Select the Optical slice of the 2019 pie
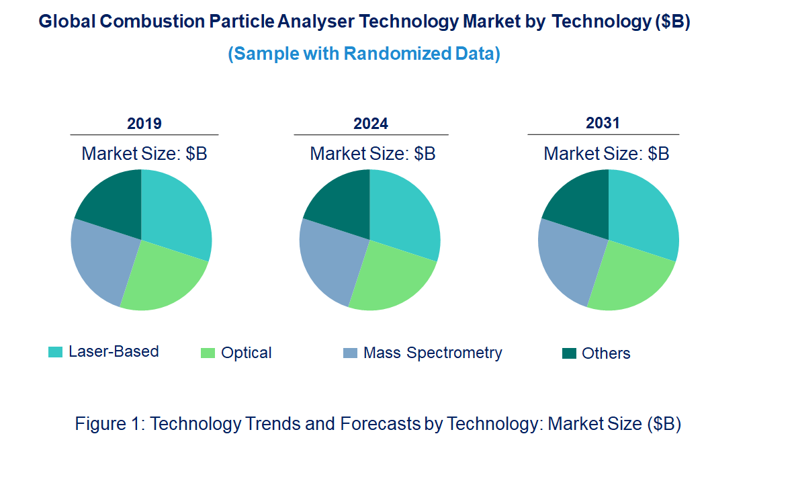coord(161,279)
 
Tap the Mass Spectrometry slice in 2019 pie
coord(101,259)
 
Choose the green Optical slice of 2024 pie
coord(390,279)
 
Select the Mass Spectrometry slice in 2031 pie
coord(568,259)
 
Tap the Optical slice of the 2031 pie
coord(629,279)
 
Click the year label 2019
coord(144,124)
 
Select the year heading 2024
coord(371,124)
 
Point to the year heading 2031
coord(603,124)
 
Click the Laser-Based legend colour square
coord(55,352)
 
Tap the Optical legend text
coord(246,353)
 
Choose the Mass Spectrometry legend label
coord(432,353)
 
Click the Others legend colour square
coord(569,353)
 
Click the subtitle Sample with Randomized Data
coord(363,54)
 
